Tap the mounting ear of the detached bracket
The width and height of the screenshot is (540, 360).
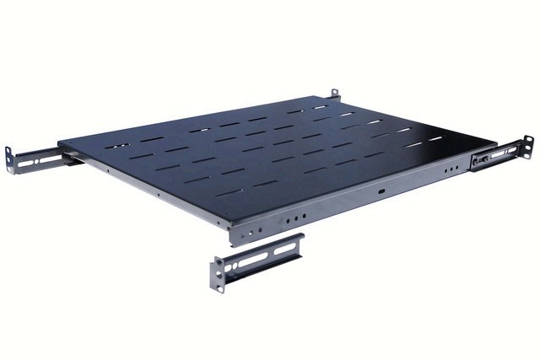tap(218, 275)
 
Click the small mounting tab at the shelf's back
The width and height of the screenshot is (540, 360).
tap(334, 92)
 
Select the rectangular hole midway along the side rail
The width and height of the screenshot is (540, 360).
tap(381, 191)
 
